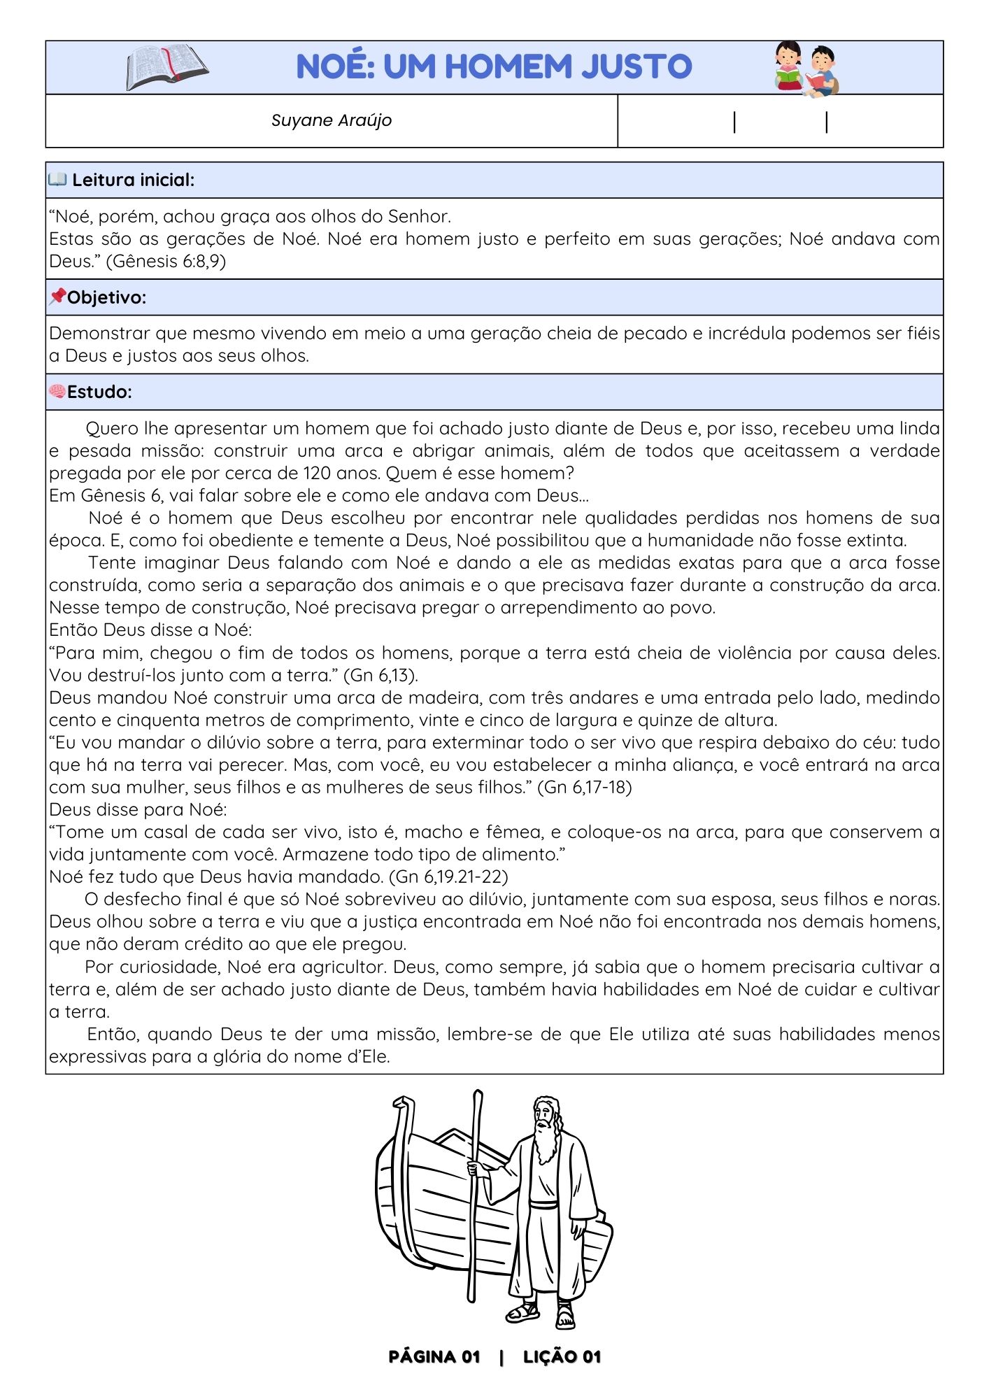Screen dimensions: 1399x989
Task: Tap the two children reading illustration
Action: (806, 68)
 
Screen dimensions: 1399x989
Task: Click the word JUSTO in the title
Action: (636, 67)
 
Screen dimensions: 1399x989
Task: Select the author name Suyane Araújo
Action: (331, 120)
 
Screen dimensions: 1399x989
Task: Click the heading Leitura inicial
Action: (133, 180)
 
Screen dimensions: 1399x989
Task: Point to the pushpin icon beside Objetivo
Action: (57, 297)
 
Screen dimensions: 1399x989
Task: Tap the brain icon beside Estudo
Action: (57, 391)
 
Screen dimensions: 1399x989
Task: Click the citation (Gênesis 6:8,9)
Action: (166, 262)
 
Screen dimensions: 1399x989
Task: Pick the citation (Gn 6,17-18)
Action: (584, 788)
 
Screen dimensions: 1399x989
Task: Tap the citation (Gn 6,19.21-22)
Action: (448, 877)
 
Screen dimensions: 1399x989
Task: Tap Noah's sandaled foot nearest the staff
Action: (523, 1312)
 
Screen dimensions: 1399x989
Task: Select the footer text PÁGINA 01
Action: (434, 1358)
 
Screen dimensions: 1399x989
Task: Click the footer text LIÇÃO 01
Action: (562, 1358)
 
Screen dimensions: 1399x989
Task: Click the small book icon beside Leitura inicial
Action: (57, 180)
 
